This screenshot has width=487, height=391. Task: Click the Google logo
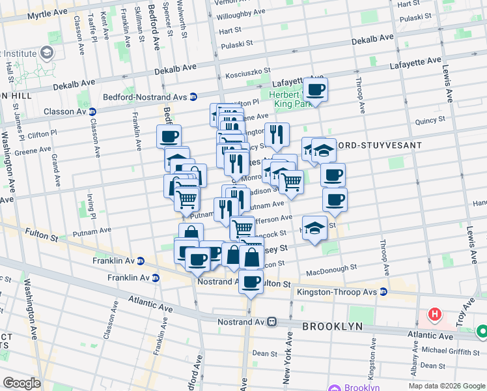coord(21,383)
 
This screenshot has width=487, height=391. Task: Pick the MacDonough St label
coord(331,267)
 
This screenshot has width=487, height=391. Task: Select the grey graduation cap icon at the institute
coord(48,51)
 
